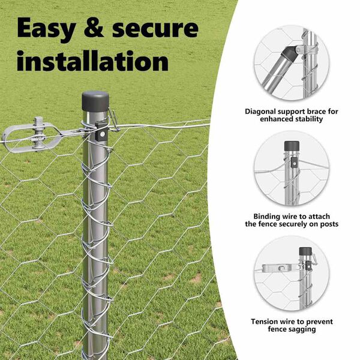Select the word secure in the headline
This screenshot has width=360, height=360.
click(x=155, y=29)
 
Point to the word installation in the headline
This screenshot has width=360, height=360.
click(x=92, y=61)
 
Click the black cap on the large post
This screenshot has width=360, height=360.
click(x=95, y=101)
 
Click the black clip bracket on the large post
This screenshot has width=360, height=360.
click(x=101, y=131)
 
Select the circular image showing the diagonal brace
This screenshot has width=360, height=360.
click(x=292, y=62)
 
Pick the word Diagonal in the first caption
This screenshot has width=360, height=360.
click(x=260, y=112)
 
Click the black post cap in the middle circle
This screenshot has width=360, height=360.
click(x=292, y=146)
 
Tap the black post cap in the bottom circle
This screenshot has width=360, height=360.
click(x=305, y=251)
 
